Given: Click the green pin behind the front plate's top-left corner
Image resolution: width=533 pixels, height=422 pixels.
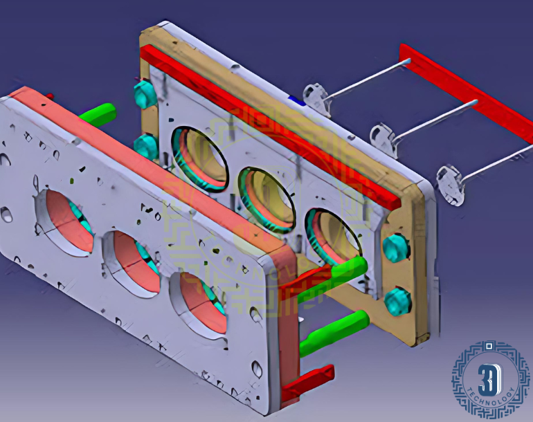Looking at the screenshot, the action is (98, 115).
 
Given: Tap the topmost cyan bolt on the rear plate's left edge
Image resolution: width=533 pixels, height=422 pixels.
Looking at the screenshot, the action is (145, 93).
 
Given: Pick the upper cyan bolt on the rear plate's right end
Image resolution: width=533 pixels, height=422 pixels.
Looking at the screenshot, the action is (395, 248).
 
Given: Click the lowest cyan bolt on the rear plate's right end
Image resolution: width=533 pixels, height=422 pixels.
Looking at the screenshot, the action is (397, 302).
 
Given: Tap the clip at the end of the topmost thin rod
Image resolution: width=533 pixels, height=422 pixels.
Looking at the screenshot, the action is (316, 99).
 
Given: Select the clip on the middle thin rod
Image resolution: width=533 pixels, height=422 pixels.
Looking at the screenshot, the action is (383, 140).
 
